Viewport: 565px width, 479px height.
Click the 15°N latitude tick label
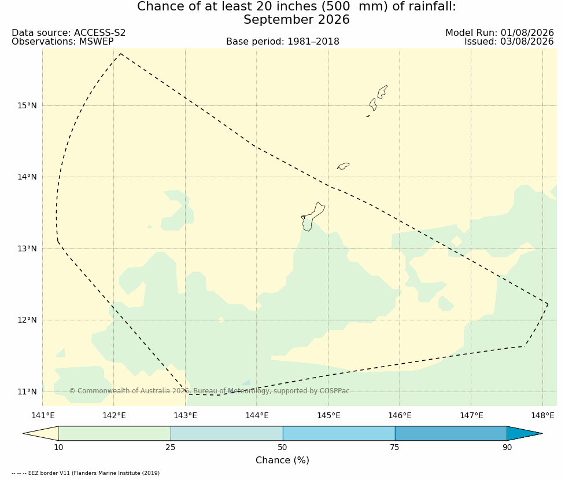tap(27, 106)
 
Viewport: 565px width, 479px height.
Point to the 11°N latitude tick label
tap(27, 392)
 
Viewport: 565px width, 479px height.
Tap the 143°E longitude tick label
tap(186, 415)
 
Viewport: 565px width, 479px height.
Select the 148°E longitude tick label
tap(542, 415)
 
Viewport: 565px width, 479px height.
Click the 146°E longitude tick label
tap(400, 415)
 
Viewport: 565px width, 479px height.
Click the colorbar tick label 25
tap(171, 448)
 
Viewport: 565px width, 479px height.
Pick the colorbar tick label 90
tap(507, 448)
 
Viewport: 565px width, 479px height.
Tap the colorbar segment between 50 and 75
tap(339, 433)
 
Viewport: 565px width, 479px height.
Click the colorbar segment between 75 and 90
tap(450, 433)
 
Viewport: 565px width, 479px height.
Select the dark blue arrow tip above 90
tap(542, 433)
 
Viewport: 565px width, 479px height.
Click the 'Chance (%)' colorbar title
tap(282, 460)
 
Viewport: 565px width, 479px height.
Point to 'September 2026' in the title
tap(297, 20)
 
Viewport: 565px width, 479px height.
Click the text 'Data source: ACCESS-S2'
tap(68, 33)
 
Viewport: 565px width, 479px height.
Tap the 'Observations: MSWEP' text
tap(62, 42)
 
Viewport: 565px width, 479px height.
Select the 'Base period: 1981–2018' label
tap(282, 42)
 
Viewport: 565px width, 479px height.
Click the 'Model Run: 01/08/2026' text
tap(500, 33)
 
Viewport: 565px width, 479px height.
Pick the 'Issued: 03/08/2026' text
tap(509, 42)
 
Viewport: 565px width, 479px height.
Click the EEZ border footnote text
tap(86, 473)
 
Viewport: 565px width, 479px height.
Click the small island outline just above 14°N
tap(344, 166)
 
